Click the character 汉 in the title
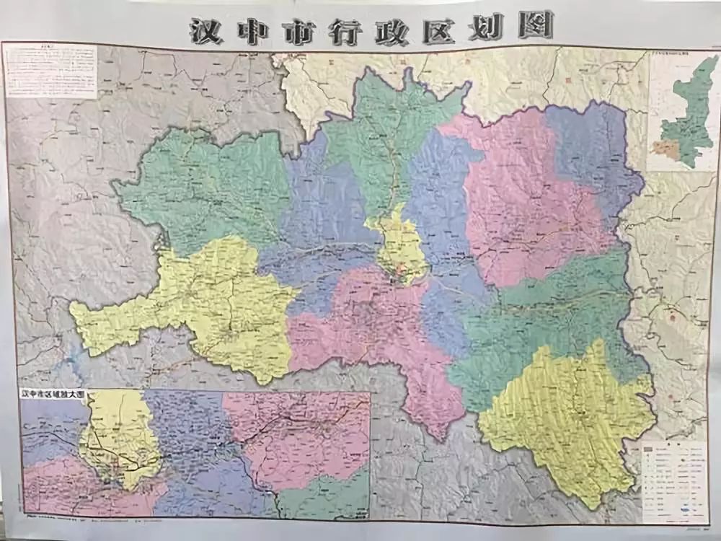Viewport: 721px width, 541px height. (206, 30)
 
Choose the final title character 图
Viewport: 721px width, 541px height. (534, 25)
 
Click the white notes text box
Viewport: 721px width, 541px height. (50, 71)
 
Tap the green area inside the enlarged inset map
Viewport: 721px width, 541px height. (324, 498)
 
